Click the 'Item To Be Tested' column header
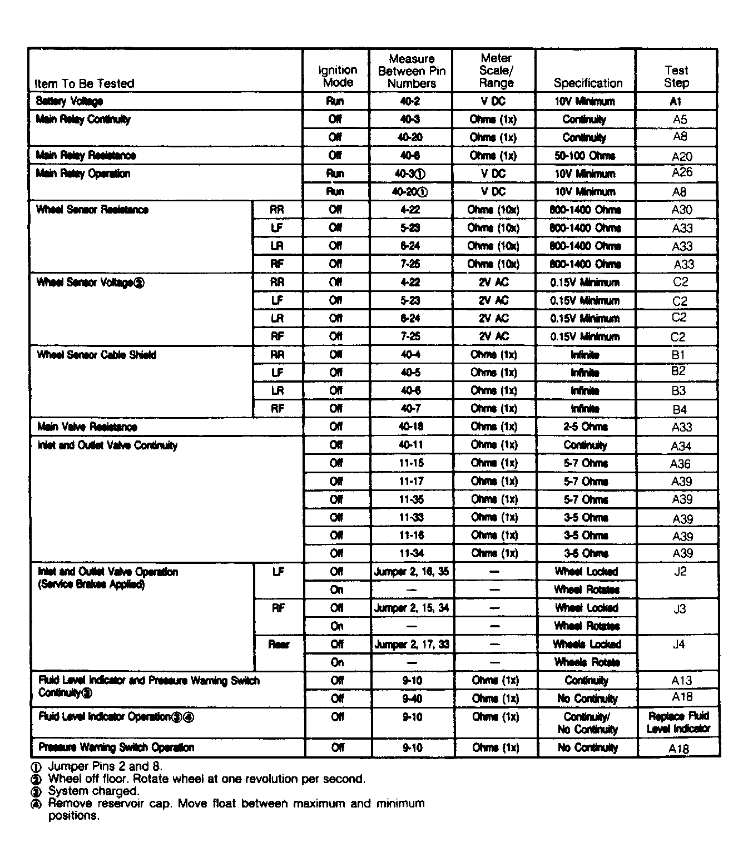85,83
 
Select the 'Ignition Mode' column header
338,76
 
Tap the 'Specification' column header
588,83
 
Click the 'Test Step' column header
676,76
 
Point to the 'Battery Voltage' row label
70,101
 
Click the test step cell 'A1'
676,101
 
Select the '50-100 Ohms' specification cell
584,156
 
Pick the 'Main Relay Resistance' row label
86,156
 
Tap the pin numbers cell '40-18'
411,427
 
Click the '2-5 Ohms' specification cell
586,427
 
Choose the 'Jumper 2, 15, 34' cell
412,608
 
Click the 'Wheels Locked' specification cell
587,644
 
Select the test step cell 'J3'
680,609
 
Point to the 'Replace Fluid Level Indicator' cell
678,722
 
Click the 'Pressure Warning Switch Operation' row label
116,747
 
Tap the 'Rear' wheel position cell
279,645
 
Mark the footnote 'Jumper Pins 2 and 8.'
105,766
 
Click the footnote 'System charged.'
93,791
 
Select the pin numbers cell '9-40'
412,698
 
